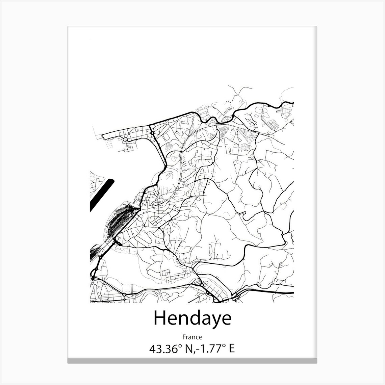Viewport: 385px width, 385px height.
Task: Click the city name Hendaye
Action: coord(192,318)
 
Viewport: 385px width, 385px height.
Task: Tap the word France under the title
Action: coord(192,337)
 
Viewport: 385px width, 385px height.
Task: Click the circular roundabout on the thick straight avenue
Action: coord(153,133)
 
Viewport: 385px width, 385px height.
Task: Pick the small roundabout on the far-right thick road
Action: coord(282,234)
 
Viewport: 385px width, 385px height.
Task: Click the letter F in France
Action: coord(184,337)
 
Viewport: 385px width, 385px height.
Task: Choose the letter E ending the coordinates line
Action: coord(231,349)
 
